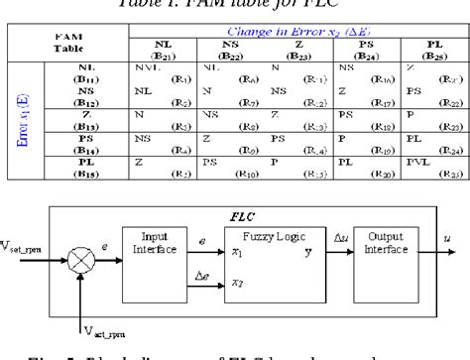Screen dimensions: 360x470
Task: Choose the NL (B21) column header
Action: tap(164, 52)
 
